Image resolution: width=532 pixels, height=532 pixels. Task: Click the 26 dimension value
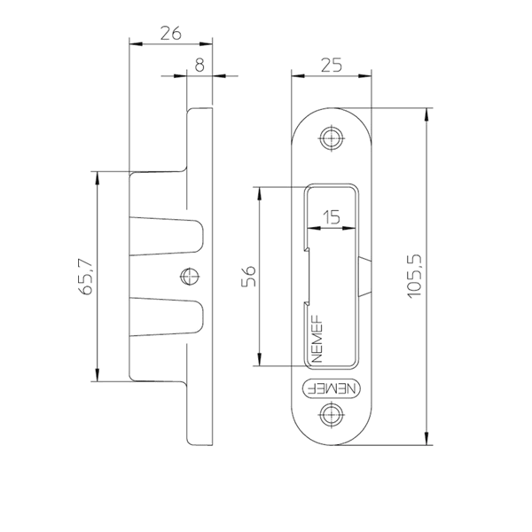[x=170, y=34]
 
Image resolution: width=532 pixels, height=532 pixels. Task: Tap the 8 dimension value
[x=199, y=65]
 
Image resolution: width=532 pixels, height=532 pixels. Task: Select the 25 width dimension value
[x=332, y=65]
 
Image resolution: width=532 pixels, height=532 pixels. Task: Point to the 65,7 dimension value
[x=85, y=277]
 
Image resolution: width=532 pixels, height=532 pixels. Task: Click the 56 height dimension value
[x=248, y=277]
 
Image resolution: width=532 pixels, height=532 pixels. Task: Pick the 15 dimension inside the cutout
[x=332, y=217]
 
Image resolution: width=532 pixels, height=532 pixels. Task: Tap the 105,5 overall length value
[x=414, y=277]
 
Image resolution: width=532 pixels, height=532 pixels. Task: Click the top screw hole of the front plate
[x=331, y=138]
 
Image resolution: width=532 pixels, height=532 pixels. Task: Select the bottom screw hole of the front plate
[x=331, y=414]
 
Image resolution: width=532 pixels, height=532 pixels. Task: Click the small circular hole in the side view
[x=190, y=277]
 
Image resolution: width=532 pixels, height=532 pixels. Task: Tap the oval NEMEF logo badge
[x=331, y=388]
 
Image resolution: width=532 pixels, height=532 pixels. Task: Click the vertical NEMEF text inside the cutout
[x=317, y=339]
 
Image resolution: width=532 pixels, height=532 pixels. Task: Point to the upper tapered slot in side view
[x=167, y=236]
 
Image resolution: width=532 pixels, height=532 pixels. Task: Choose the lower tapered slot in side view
[x=167, y=317]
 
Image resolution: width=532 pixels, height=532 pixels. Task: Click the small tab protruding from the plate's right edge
[x=364, y=277]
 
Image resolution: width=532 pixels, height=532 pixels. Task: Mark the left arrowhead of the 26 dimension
[x=136, y=44]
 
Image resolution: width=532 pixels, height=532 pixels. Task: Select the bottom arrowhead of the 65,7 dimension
[x=98, y=375]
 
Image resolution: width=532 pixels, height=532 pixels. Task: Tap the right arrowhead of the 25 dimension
[x=364, y=75]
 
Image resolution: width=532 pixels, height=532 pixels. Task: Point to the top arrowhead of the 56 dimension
[x=259, y=193]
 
